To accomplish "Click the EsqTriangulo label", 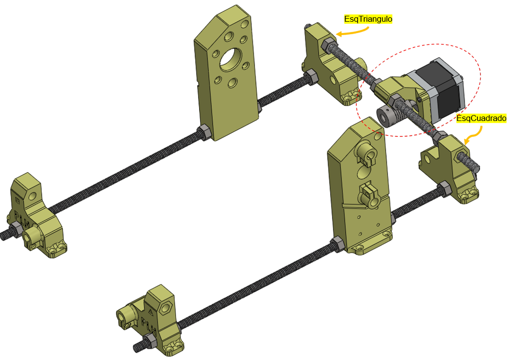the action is point(368,19).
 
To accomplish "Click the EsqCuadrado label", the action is point(481,118).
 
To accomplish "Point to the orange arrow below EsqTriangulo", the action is point(352,32).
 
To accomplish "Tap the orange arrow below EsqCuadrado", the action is point(475,135).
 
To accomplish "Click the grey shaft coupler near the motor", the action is point(387,116).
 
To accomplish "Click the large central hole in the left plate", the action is point(231,59).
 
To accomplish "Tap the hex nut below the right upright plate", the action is point(338,244).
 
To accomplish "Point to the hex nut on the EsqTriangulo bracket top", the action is point(328,44).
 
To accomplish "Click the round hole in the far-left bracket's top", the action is point(32,197).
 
